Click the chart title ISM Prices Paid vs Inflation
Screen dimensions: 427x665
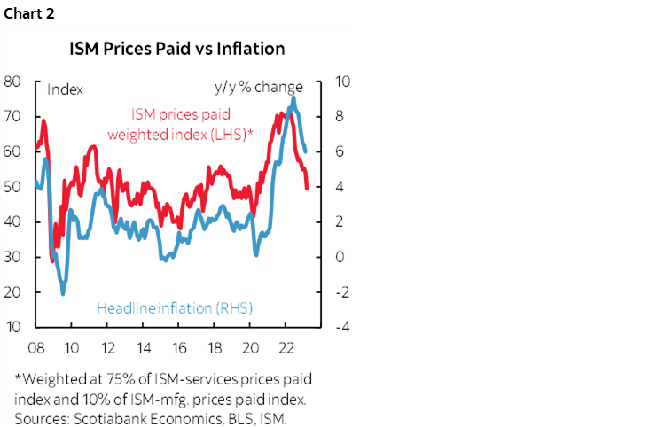pos(177,48)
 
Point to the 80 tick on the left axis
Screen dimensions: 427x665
pos(12,82)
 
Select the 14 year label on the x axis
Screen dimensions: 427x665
pos(143,346)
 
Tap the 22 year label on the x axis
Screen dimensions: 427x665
pos(286,346)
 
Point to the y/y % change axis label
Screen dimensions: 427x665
pos(258,88)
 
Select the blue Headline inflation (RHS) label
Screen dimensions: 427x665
pos(175,308)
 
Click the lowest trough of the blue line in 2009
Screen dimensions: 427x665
pos(63,292)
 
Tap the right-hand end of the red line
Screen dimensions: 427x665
pos(307,188)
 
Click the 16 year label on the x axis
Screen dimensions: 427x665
pos(178,346)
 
